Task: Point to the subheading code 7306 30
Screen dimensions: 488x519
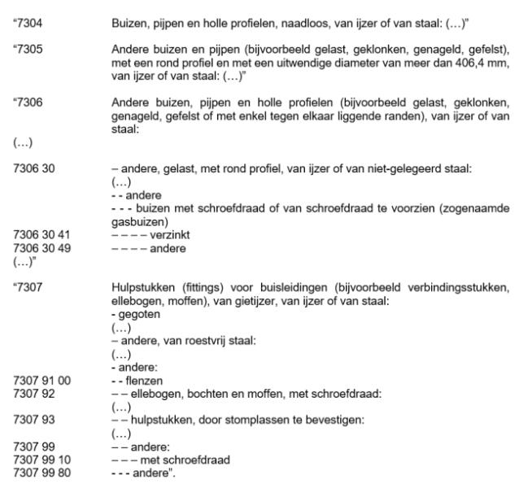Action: click(x=24, y=165)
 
